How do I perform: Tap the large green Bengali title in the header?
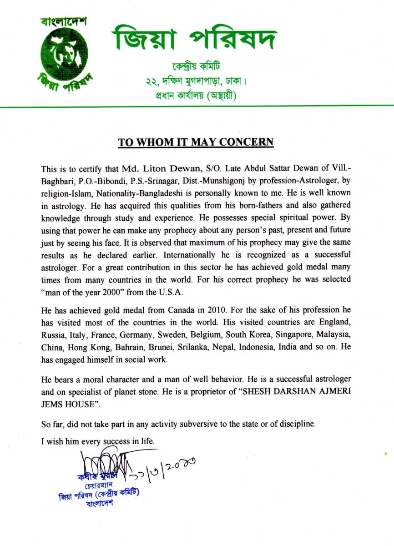tap(194, 38)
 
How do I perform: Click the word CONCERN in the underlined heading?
tap(246, 142)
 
